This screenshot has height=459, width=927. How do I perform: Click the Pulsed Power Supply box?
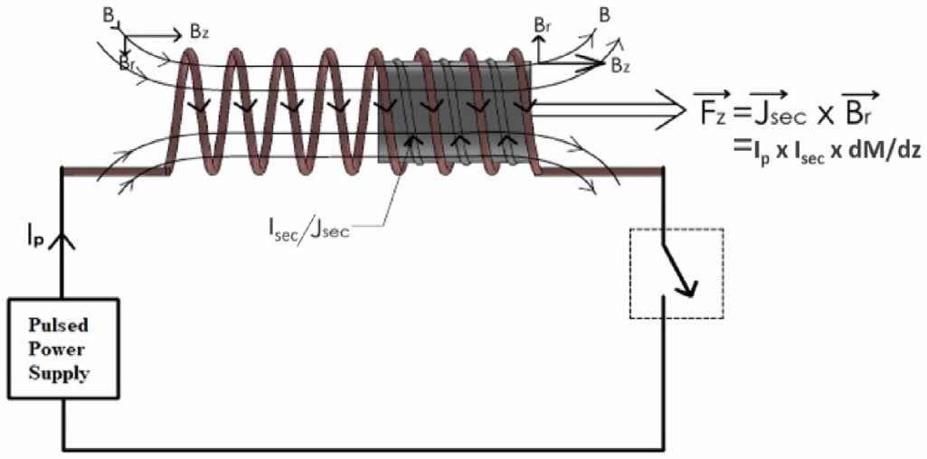tap(62, 348)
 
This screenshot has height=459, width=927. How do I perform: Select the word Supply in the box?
tap(61, 372)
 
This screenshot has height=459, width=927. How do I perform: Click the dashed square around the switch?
tap(676, 273)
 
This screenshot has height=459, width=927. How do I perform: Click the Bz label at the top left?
tap(200, 32)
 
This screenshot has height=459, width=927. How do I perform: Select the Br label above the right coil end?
tap(542, 25)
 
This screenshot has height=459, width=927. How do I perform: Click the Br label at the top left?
tap(128, 62)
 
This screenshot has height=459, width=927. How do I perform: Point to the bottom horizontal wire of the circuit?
tap(362, 448)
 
